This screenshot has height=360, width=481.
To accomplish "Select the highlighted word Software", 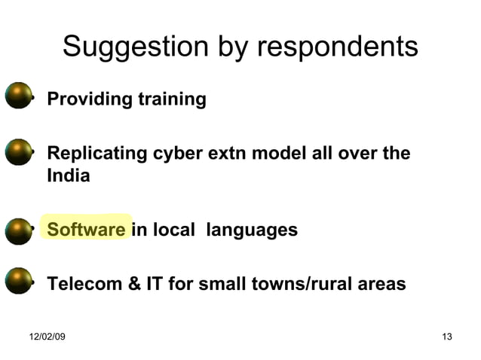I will point(86,229).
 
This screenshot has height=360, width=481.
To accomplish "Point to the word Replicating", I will point(97,154).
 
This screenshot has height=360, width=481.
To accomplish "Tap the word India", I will point(68,177).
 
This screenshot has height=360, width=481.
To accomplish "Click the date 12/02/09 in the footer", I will point(47,336).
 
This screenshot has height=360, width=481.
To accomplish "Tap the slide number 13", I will point(446,336).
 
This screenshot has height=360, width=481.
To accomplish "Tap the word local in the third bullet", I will point(176,229).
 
